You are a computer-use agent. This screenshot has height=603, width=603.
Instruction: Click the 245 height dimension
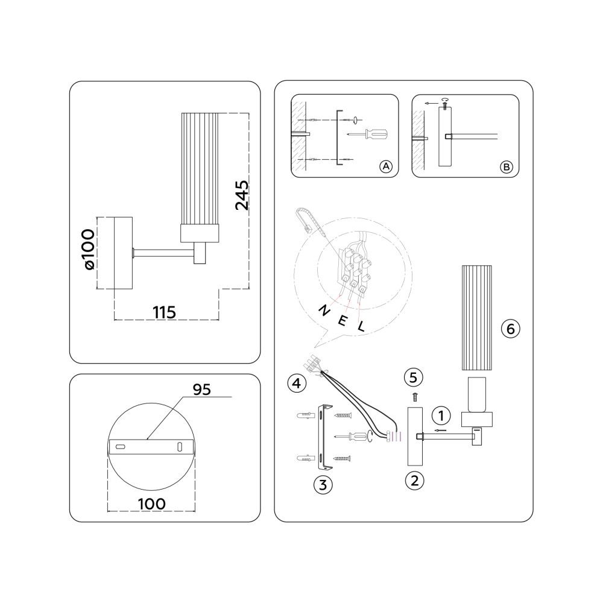click(x=242, y=195)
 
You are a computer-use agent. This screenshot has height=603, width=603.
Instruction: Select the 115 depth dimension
click(x=164, y=312)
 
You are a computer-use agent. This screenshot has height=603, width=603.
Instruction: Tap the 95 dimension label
click(x=202, y=390)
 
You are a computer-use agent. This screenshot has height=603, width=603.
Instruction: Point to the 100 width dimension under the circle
click(x=151, y=504)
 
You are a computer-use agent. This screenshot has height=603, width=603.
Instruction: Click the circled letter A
click(x=386, y=166)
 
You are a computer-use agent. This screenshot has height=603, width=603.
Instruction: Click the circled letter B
click(x=507, y=167)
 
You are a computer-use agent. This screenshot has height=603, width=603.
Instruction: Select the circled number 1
click(x=441, y=415)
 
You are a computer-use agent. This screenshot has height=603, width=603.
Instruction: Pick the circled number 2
click(x=415, y=481)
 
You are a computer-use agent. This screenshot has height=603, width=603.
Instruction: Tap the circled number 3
click(x=323, y=485)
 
